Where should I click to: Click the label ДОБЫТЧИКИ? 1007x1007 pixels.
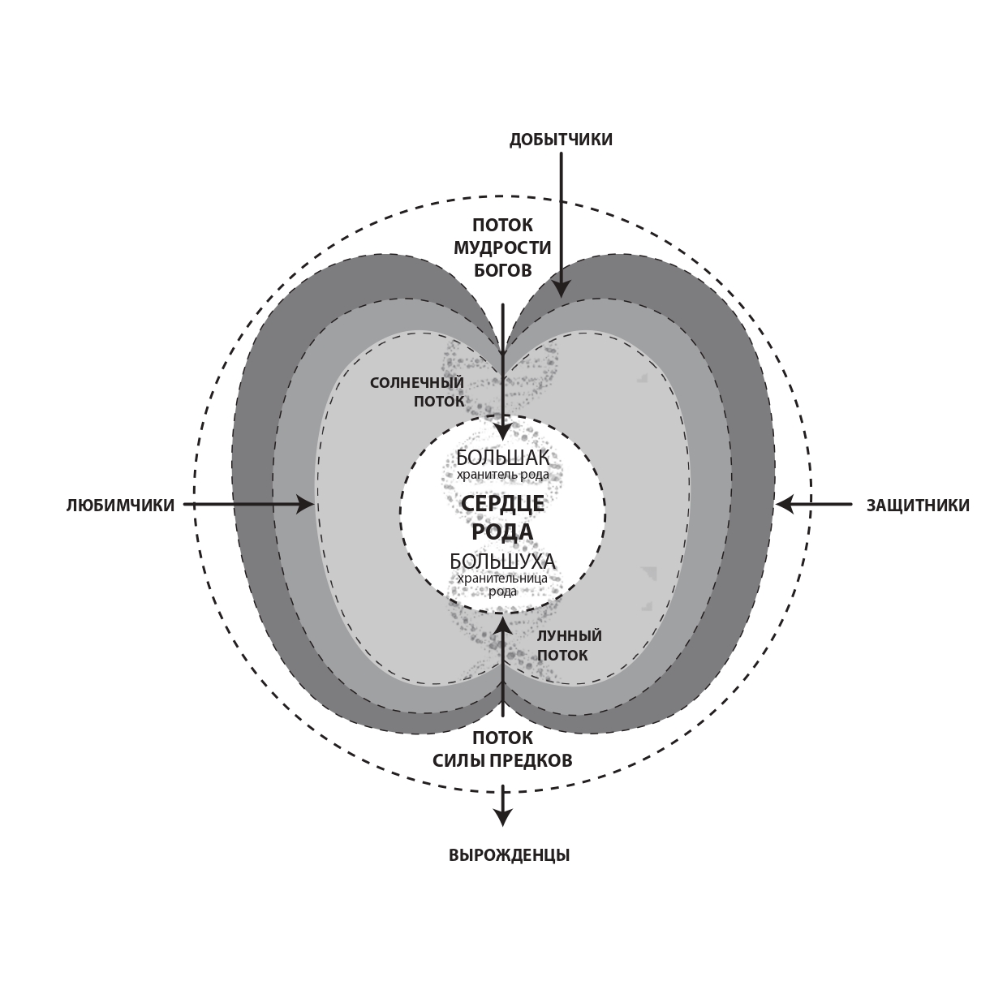(x=561, y=140)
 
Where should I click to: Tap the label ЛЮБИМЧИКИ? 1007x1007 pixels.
(x=120, y=506)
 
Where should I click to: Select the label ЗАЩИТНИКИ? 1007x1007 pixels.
(x=919, y=506)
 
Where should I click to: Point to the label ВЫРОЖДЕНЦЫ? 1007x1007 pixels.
(x=509, y=855)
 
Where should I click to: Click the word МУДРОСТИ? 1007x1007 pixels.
(x=502, y=247)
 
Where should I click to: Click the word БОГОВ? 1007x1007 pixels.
(x=502, y=271)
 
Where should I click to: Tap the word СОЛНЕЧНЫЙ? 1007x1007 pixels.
(x=417, y=383)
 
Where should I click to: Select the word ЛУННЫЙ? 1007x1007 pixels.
(x=570, y=636)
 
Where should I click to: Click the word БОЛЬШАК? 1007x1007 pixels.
(x=503, y=458)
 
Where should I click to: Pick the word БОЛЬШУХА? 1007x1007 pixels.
(x=503, y=562)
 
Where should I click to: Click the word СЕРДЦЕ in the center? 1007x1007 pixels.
(x=503, y=504)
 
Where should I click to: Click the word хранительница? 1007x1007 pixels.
(x=503, y=579)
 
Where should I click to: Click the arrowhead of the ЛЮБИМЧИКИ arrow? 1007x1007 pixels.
(x=305, y=505)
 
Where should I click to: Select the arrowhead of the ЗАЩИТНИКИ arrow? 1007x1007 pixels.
(x=785, y=505)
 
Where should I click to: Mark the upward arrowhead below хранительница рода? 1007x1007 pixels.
(x=503, y=625)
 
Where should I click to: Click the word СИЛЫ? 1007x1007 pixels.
(x=458, y=761)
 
